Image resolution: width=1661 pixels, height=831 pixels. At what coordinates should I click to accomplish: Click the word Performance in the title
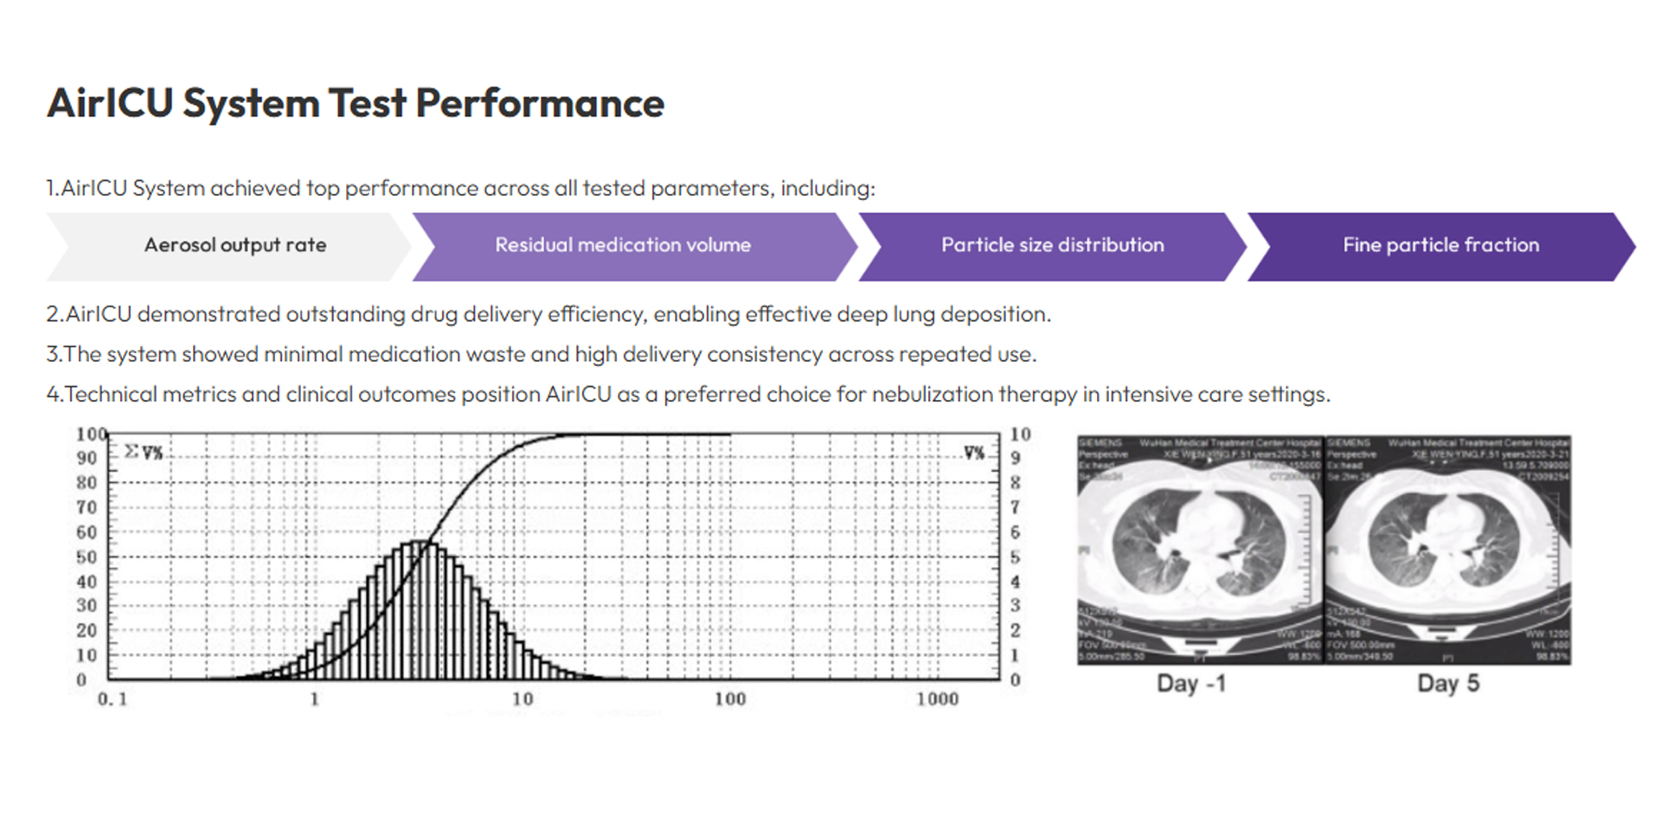(x=540, y=104)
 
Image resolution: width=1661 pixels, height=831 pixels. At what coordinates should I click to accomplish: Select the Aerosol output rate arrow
(x=234, y=246)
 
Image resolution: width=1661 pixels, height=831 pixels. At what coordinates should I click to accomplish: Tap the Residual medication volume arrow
(x=623, y=246)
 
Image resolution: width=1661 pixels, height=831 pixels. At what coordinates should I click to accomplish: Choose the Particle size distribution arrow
(x=1052, y=246)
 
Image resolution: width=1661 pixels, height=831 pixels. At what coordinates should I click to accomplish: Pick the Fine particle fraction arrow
(x=1440, y=246)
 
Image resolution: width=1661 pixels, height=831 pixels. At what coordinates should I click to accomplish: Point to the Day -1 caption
(x=1190, y=684)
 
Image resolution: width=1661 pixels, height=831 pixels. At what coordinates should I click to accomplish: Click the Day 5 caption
(x=1447, y=684)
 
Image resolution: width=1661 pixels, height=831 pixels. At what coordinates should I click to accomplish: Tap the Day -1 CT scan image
(x=1200, y=550)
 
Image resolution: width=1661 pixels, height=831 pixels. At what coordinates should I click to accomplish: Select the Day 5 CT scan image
(x=1448, y=550)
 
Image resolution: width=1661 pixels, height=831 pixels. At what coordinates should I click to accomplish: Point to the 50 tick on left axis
(x=87, y=557)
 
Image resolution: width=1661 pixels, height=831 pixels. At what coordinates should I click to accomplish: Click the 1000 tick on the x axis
(x=937, y=699)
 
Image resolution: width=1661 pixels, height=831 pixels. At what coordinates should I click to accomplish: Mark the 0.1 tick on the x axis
(x=112, y=699)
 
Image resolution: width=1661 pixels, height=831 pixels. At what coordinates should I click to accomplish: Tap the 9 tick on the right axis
(x=1016, y=458)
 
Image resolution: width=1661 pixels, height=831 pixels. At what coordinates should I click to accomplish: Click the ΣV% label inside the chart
(x=144, y=452)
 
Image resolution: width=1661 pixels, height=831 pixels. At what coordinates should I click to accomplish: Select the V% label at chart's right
(x=974, y=453)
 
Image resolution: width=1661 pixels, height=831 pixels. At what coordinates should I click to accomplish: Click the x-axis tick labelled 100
(x=729, y=699)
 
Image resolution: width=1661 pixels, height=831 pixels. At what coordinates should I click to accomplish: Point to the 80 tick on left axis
(x=87, y=482)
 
